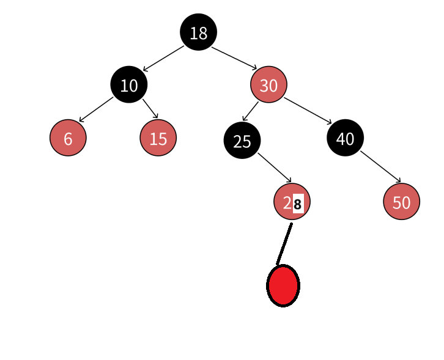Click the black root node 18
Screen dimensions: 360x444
pos(198,32)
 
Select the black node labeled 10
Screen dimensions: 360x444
pos(128,85)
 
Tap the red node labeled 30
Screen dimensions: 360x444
pos(268,85)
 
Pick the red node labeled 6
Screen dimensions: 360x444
pos(68,138)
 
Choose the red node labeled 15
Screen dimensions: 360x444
pos(158,138)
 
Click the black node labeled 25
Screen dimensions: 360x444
pos(242,141)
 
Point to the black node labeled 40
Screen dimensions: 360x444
pos(345,138)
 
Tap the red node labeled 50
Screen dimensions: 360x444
pos(401,202)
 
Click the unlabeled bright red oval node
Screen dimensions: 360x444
pos(283,285)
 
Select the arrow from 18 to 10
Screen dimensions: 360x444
pos(163,59)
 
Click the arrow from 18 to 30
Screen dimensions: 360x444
pos(234,58)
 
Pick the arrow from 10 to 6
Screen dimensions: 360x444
pos(96,109)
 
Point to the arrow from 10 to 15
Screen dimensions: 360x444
pos(150,108)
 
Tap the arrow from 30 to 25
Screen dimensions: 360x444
pos(250,111)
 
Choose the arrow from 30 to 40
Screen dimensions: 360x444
pos(308,111)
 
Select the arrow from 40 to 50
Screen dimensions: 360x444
pos(380,166)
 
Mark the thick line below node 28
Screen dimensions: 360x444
pos(284,244)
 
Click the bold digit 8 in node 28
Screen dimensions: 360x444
pos(298,204)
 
